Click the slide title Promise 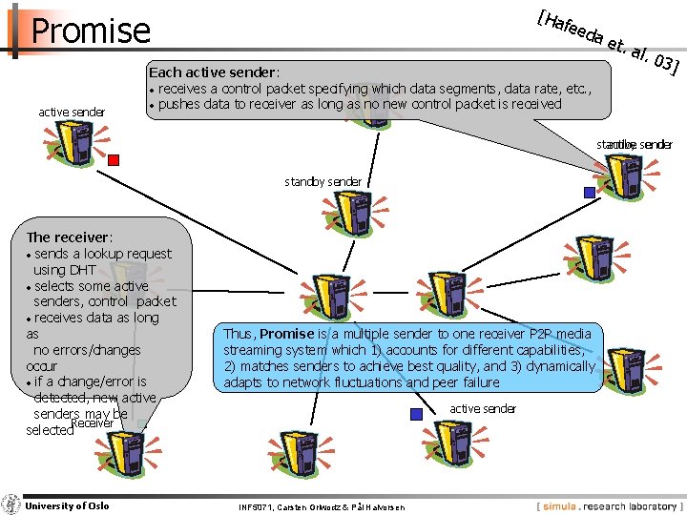click(91, 31)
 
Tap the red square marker click(113, 160)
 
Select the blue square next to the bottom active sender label click(416, 414)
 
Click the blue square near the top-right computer click(589, 192)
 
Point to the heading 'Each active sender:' click(213, 72)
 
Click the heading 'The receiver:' click(70, 237)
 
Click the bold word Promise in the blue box click(286, 334)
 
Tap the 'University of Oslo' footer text click(67, 505)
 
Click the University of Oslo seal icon click(11, 505)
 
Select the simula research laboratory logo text click(609, 505)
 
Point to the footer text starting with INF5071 click(322, 506)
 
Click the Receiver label click(98, 422)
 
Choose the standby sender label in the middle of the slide click(323, 181)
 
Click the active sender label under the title click(72, 113)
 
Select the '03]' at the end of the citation click(664, 65)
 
